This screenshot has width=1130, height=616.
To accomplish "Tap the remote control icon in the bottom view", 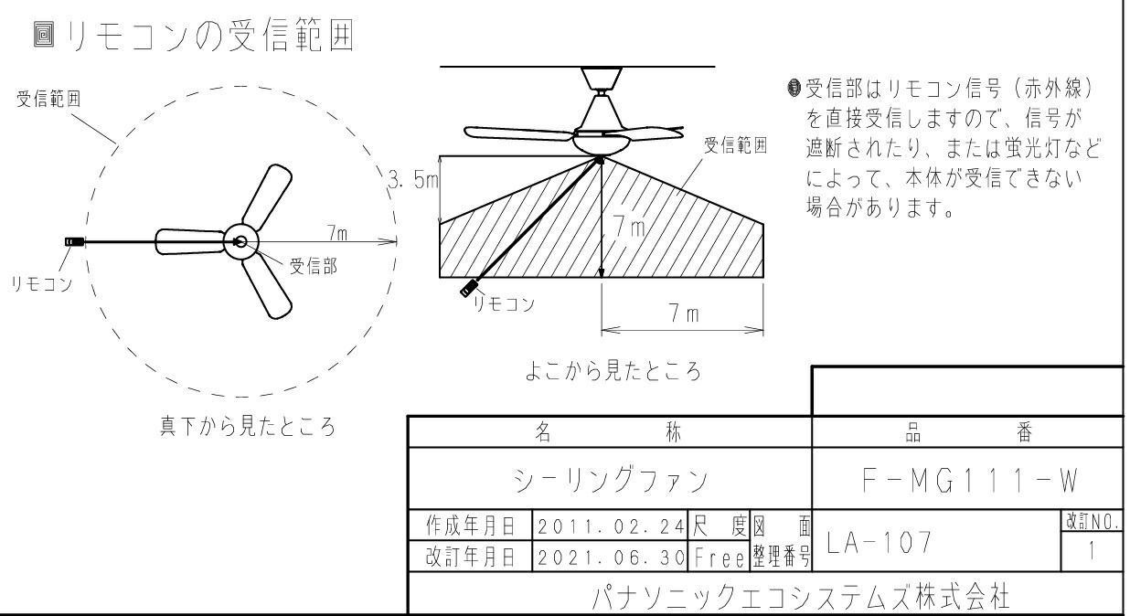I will [x=74, y=242].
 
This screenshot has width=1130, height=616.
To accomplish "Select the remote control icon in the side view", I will [x=471, y=289].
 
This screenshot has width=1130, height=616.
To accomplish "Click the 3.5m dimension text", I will [x=412, y=180].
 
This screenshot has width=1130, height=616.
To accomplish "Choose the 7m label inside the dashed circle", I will [x=337, y=233].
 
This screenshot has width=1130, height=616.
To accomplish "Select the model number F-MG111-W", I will [x=966, y=479].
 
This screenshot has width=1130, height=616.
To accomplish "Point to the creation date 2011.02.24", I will [x=610, y=526].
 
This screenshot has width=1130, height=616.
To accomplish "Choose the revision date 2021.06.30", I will [x=610, y=555].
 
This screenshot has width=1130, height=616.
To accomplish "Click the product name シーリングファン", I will [x=610, y=479].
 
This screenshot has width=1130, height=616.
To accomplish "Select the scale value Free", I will [x=720, y=555].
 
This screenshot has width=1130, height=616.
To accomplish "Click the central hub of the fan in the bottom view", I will [x=240, y=241].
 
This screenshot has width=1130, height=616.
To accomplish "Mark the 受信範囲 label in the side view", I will [x=734, y=145].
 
